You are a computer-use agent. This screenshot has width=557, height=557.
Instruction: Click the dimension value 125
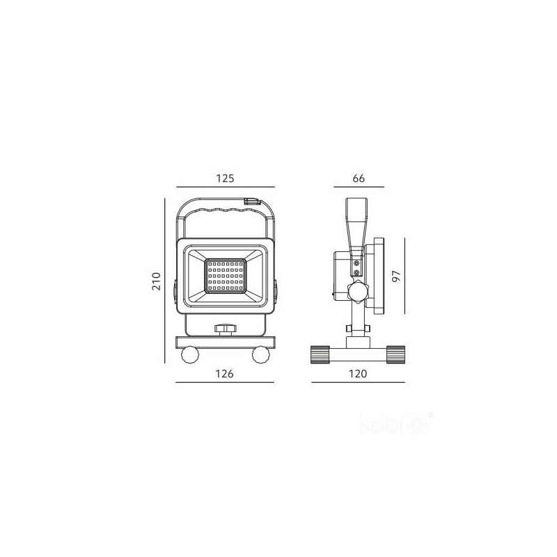(x=225, y=178)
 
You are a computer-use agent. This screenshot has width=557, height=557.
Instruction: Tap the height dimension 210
(x=156, y=281)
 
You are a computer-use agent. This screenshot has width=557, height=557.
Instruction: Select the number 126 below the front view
(x=224, y=374)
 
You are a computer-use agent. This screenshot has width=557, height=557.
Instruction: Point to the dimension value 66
(x=359, y=178)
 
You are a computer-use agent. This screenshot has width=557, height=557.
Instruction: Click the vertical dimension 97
(x=395, y=276)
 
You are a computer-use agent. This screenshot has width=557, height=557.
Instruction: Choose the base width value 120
(x=358, y=374)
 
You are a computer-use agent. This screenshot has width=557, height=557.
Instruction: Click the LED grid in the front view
(x=225, y=276)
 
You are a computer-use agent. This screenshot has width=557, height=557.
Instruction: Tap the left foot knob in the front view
(x=190, y=354)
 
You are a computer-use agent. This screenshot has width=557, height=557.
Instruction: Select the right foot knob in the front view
(x=261, y=354)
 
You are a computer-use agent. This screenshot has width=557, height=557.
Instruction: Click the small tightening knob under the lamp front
(x=225, y=329)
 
